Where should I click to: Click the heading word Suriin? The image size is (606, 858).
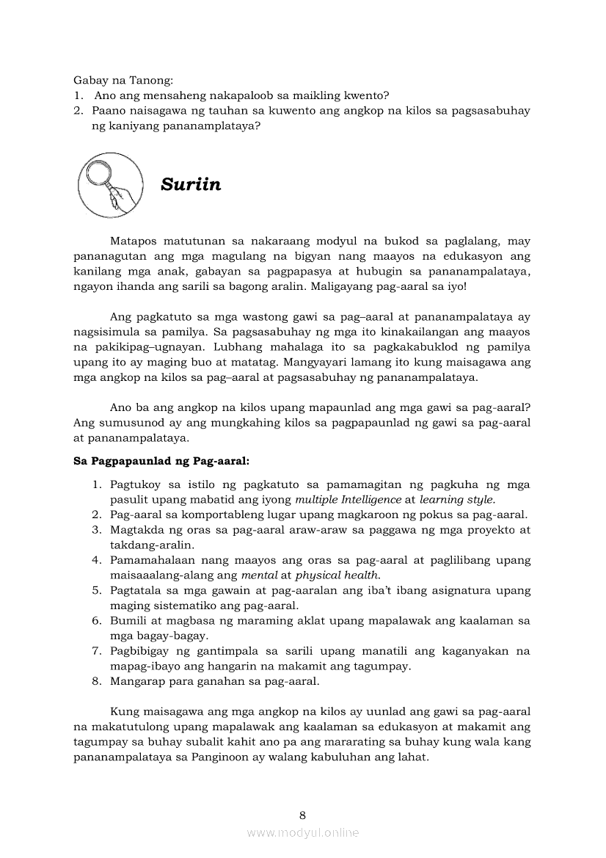pos(191,184)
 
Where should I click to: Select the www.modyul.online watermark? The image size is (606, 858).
pos(302,832)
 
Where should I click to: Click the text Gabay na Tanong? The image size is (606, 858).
pos(122,80)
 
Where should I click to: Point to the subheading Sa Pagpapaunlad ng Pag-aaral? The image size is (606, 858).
pos(161,462)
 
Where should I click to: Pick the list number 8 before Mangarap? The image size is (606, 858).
pos(96,681)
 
